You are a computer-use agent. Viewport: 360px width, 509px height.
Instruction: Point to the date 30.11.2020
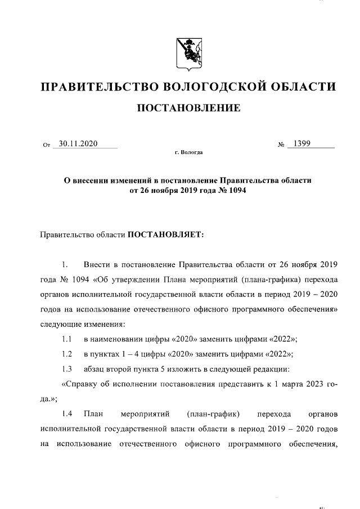[78, 143]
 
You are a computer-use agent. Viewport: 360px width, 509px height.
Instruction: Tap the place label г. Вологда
[189, 152]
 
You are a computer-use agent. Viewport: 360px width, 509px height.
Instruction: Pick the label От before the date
[47, 145]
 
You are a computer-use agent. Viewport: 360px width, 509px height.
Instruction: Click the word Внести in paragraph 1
[97, 264]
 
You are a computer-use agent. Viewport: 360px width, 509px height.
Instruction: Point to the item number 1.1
[67, 339]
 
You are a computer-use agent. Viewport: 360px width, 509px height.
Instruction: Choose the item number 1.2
[67, 354]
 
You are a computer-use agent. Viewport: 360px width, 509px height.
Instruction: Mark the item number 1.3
[67, 369]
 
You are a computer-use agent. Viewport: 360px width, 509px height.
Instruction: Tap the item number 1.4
[67, 415]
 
